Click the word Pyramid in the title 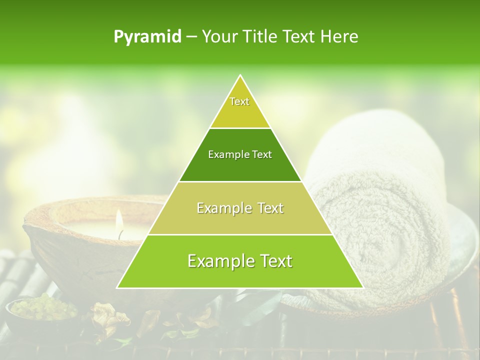tap(147, 37)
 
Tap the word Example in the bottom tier tap(218, 261)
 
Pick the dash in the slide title tap(191, 37)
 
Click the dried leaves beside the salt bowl tap(107, 317)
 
